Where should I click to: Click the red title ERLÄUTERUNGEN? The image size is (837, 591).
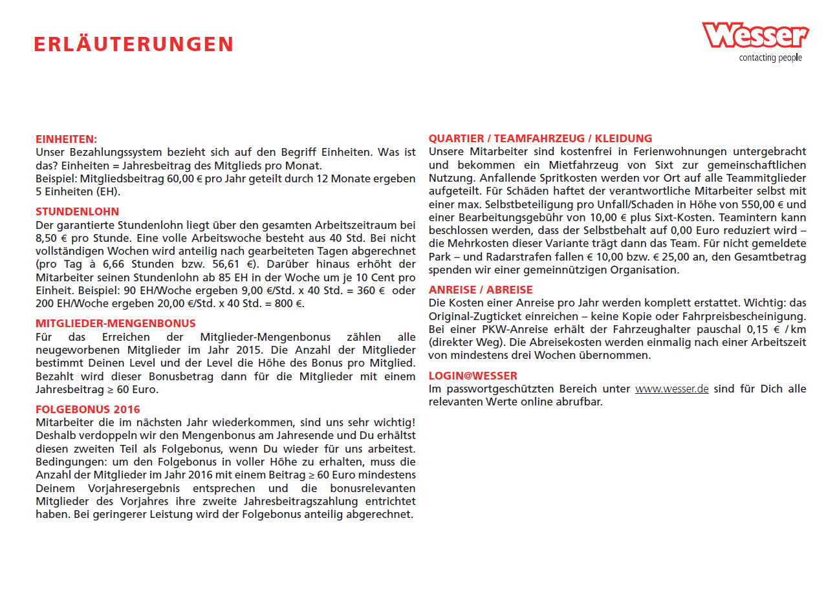pyautogui.click(x=133, y=44)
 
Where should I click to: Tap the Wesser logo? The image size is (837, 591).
pyautogui.click(x=755, y=35)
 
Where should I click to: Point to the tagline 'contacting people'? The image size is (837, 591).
pyautogui.click(x=770, y=58)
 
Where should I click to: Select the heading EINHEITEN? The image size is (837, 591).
pyautogui.click(x=66, y=139)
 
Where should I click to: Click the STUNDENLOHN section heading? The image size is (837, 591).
pyautogui.click(x=78, y=211)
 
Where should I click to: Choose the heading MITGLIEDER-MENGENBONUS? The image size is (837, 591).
pyautogui.click(x=116, y=323)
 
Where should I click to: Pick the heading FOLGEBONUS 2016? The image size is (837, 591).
pyautogui.click(x=88, y=409)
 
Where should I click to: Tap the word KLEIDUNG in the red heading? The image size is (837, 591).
pyautogui.click(x=624, y=138)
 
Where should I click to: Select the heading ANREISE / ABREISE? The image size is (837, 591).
pyautogui.click(x=481, y=290)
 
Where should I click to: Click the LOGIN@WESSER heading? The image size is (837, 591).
pyautogui.click(x=473, y=376)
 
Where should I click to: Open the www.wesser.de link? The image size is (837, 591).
pyautogui.click(x=671, y=389)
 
